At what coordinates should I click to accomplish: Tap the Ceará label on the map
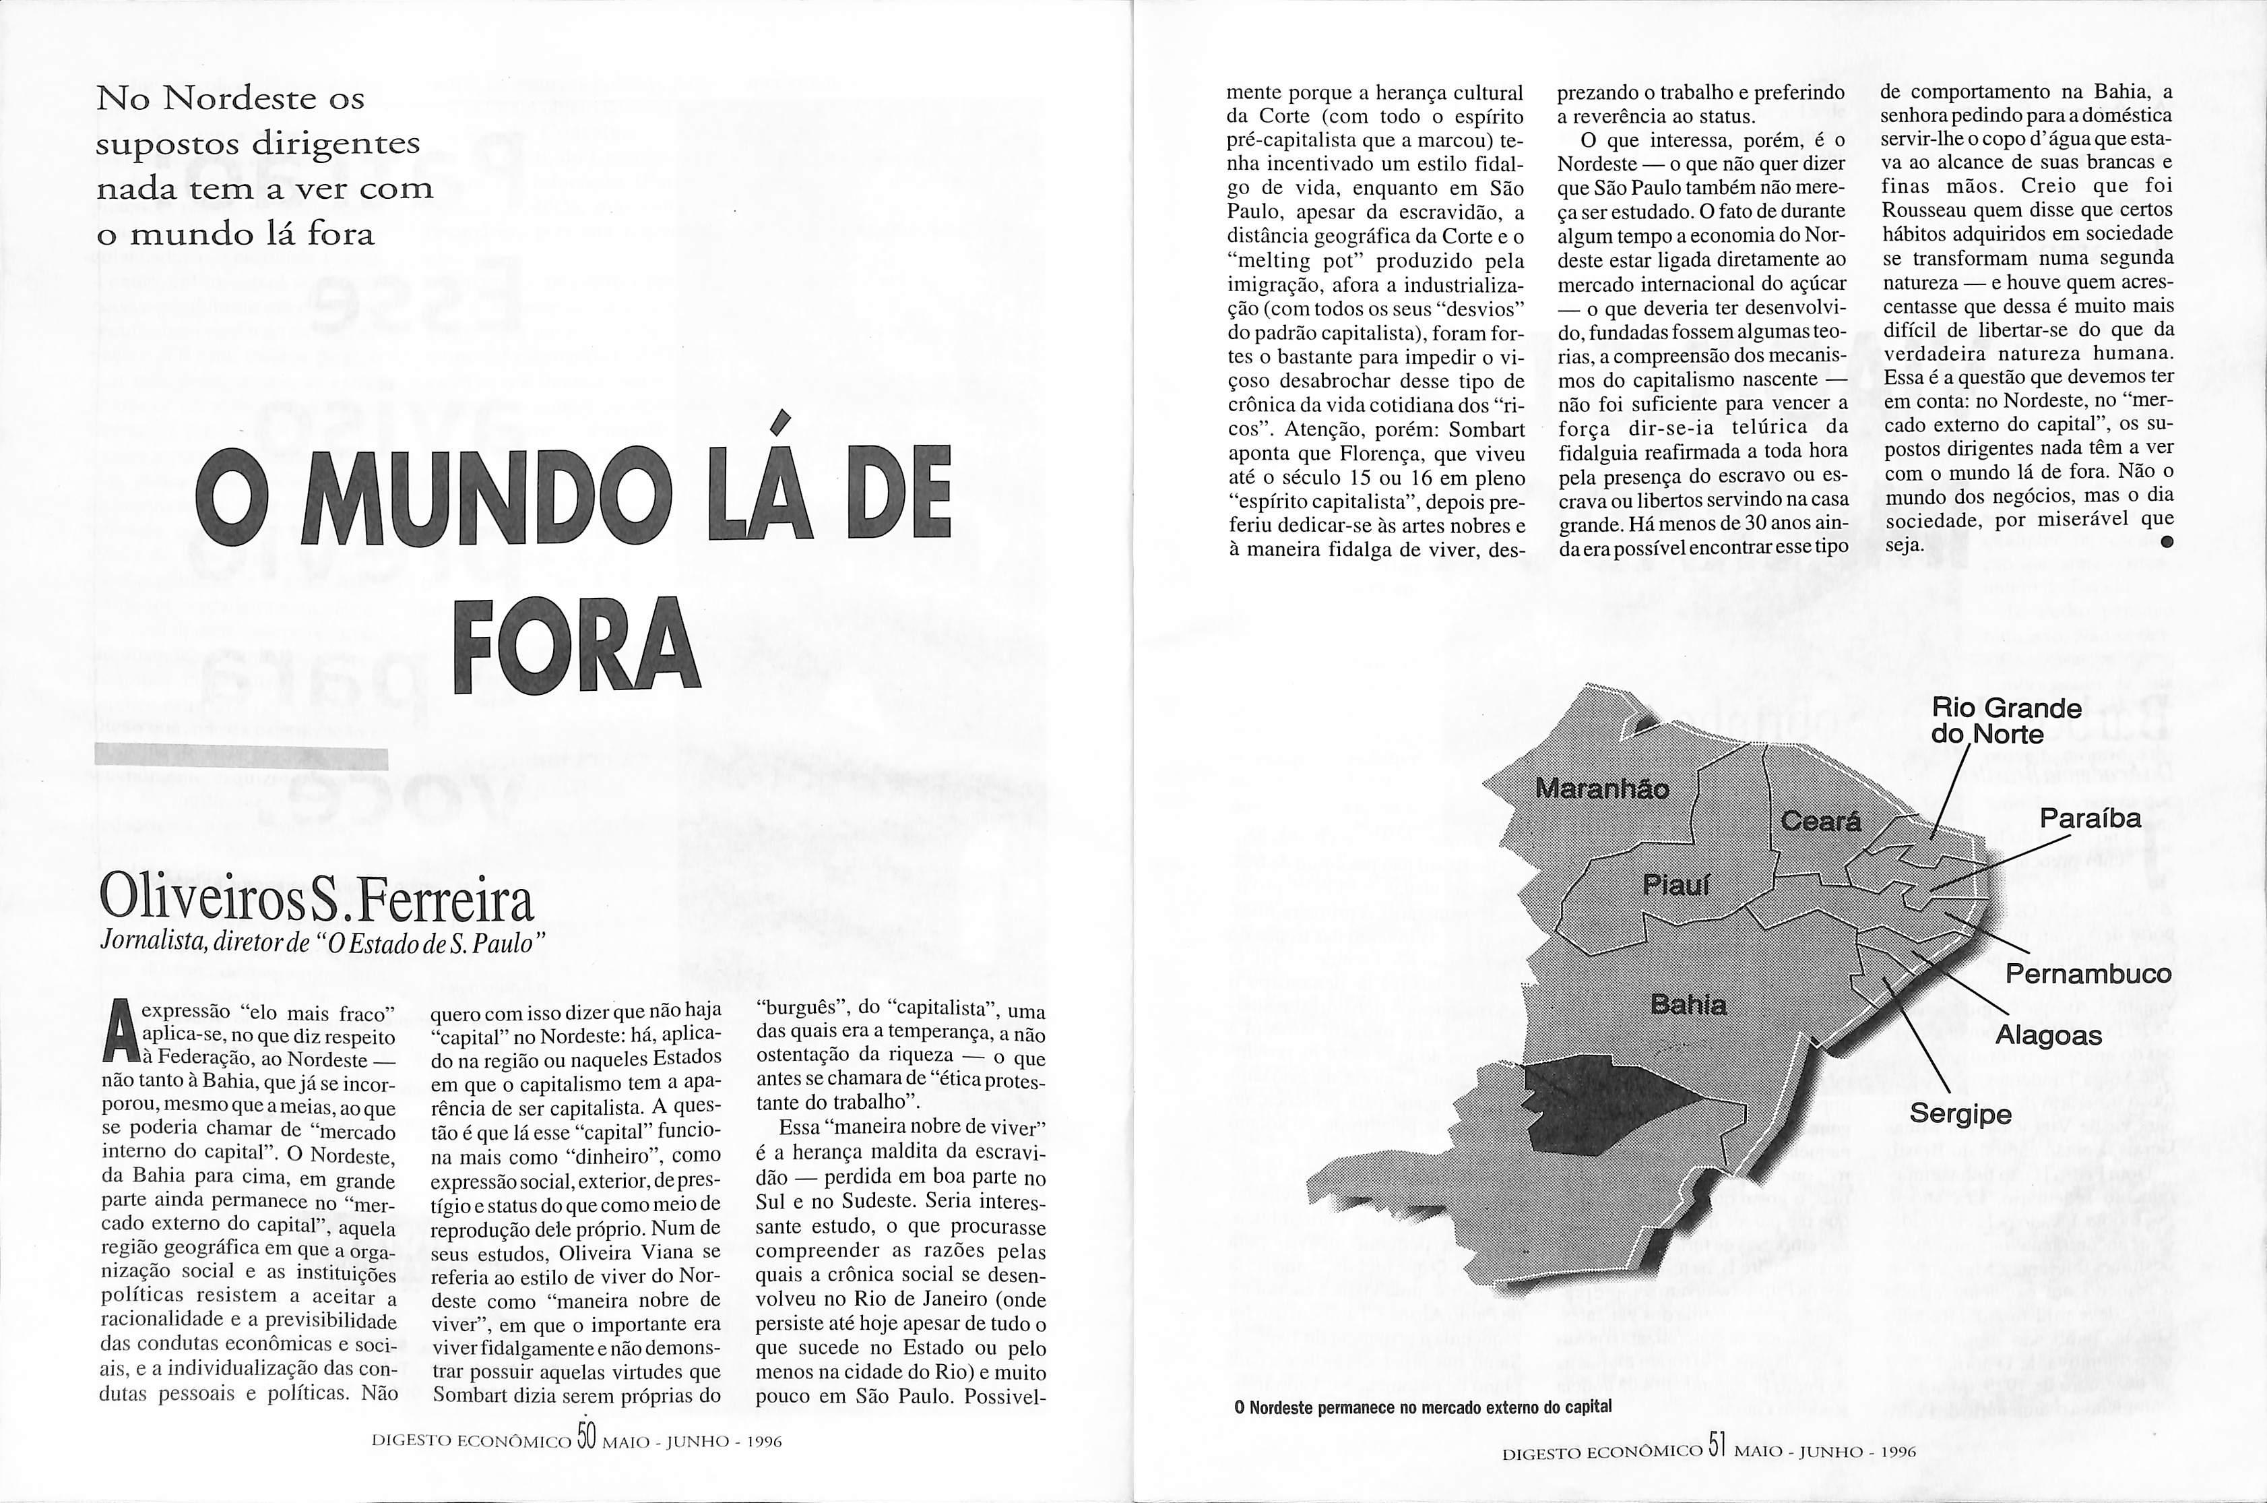(1820, 822)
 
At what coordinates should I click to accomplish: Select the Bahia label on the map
(1688, 1004)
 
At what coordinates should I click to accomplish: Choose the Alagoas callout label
(2049, 1035)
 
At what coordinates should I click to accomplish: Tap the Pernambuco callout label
(2088, 974)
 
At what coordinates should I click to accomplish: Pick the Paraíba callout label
(2090, 819)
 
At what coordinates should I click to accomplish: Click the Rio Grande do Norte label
(2006, 720)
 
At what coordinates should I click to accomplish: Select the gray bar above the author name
(243, 758)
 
